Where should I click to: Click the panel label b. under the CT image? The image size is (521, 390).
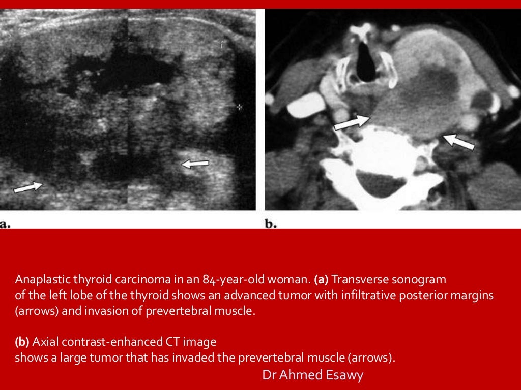(271, 224)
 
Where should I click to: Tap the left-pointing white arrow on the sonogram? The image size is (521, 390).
(195, 164)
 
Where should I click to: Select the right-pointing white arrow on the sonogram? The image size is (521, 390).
(28, 187)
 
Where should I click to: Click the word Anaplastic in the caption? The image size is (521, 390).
(38, 279)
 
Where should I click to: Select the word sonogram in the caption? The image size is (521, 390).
(421, 279)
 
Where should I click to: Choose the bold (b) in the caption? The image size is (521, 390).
(22, 342)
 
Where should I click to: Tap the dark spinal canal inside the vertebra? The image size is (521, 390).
(380, 184)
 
